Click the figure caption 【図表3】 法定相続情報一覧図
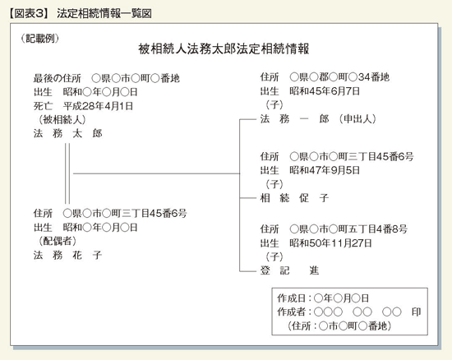coord(81,13)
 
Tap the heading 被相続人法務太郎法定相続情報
coord(224,49)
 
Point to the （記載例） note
coord(40,39)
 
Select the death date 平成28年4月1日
coord(98,106)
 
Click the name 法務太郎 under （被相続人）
coord(67,133)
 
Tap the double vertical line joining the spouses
coord(67,173)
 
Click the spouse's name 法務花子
coord(67,255)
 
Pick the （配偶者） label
coord(58,241)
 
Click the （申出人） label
coord(357,118)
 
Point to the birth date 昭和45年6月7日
coord(325,91)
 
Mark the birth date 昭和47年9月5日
coord(325,170)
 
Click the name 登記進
coord(289,270)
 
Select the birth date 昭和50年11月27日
coord(330,243)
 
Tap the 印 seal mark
coord(417,312)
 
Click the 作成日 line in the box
coord(323,298)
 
